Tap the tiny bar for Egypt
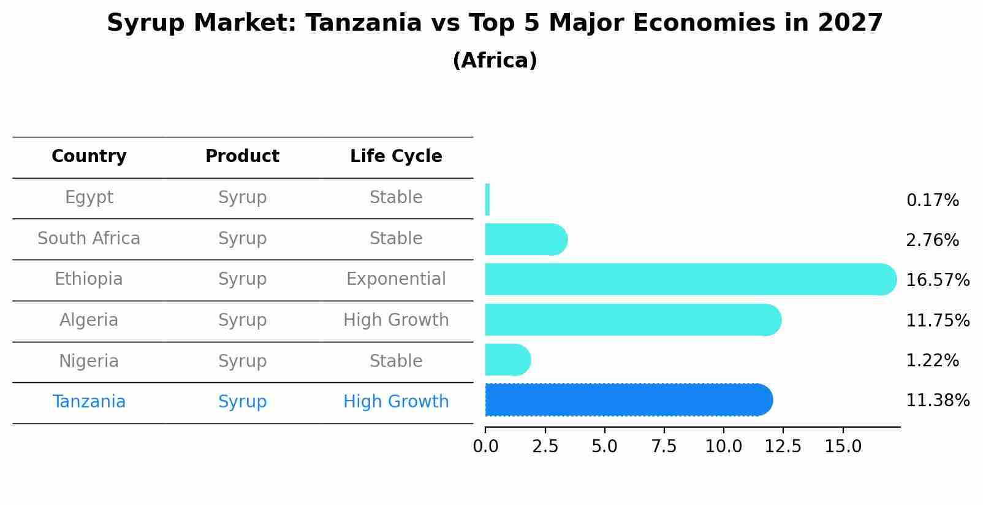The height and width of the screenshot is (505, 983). tap(487, 199)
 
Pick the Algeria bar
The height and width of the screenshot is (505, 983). tap(631, 320)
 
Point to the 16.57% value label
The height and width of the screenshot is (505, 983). tap(937, 280)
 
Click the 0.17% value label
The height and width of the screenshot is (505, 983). tap(932, 201)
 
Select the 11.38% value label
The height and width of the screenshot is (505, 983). tap(937, 401)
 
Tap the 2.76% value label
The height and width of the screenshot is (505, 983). tap(932, 241)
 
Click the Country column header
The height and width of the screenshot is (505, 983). tap(89, 156)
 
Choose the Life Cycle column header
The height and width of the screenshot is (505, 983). tap(396, 156)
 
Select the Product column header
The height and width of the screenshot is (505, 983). tap(242, 156)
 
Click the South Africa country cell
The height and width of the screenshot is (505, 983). tap(89, 239)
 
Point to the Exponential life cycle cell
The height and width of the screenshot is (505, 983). tap(396, 279)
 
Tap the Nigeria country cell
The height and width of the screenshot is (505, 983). tap(89, 361)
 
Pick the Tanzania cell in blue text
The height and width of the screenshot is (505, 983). tap(89, 402)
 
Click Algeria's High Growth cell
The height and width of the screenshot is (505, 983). tap(396, 320)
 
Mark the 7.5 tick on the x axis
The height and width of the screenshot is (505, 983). tap(664, 447)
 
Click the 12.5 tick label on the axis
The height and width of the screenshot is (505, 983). tap(783, 447)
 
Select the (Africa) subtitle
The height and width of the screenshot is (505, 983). tap(495, 61)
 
